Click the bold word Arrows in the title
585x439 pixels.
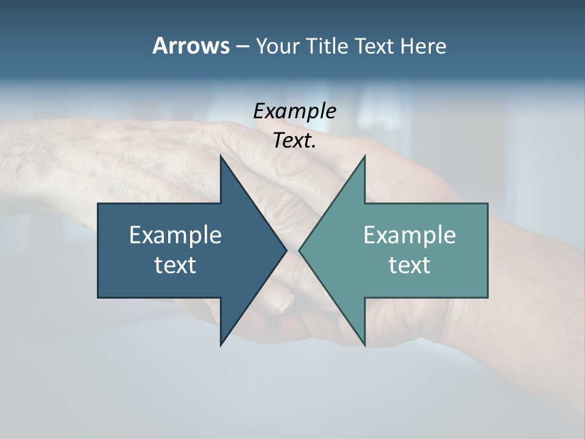click(x=190, y=46)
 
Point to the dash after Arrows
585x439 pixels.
click(x=242, y=46)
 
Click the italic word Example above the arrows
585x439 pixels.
click(x=294, y=112)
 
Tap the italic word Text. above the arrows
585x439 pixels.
click(x=294, y=141)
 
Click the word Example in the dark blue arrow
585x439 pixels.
click(x=175, y=235)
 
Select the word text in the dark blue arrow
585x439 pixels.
click(x=175, y=265)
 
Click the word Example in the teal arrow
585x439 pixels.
click(x=409, y=235)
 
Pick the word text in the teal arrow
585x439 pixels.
click(x=409, y=265)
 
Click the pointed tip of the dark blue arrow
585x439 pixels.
click(x=285, y=250)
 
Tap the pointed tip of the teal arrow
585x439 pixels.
click(x=300, y=250)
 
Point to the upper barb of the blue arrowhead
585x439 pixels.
click(x=222, y=160)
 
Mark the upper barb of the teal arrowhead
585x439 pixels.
click(x=364, y=160)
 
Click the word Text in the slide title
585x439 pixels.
click(x=375, y=46)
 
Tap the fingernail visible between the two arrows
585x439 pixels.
click(x=281, y=301)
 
